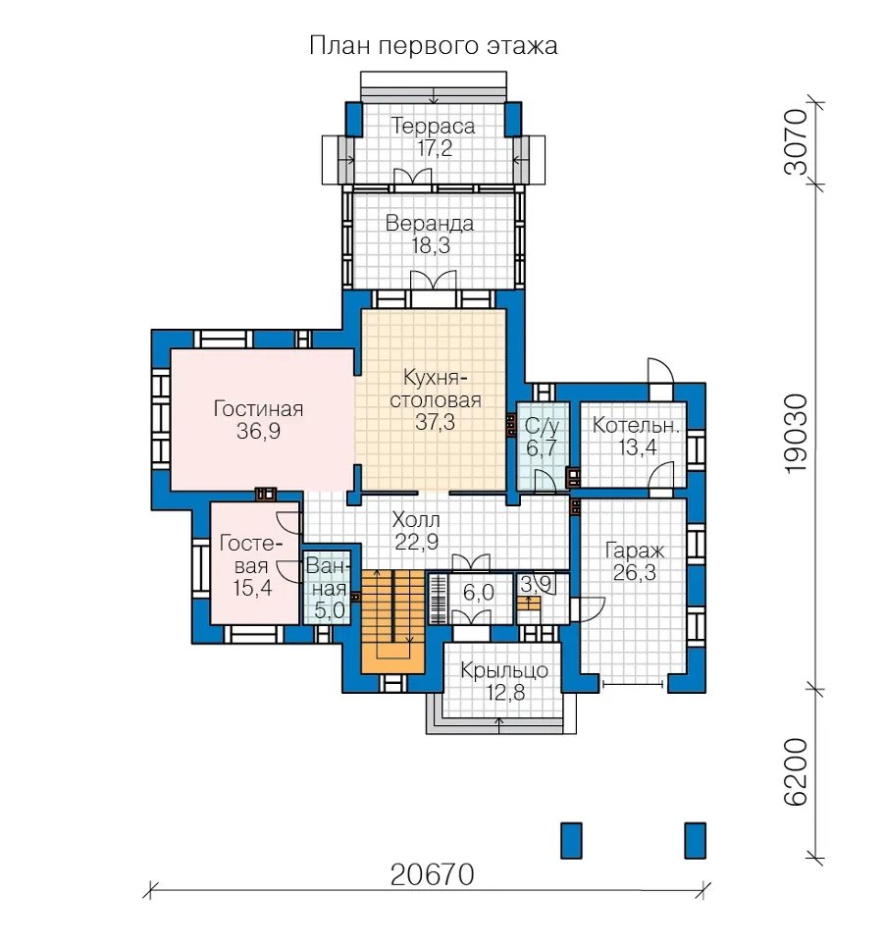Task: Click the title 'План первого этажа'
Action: (433, 46)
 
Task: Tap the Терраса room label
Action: (433, 126)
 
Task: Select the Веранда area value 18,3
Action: (431, 246)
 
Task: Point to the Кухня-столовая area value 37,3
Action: (435, 422)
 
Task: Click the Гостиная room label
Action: (258, 408)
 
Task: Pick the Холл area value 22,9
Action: (417, 542)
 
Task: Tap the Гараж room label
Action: (635, 551)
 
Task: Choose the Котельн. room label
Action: (637, 425)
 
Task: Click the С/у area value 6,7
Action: (541, 448)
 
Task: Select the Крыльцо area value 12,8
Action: (505, 693)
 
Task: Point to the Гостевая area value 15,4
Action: (252, 588)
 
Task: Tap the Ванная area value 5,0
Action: (330, 610)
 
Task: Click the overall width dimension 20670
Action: (433, 874)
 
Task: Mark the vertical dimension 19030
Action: (796, 434)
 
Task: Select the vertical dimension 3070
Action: (796, 141)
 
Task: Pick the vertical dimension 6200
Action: (796, 772)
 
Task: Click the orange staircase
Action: (393, 621)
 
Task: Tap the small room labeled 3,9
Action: (543, 599)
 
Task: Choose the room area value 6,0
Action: (479, 593)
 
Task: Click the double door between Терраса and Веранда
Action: (412, 177)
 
